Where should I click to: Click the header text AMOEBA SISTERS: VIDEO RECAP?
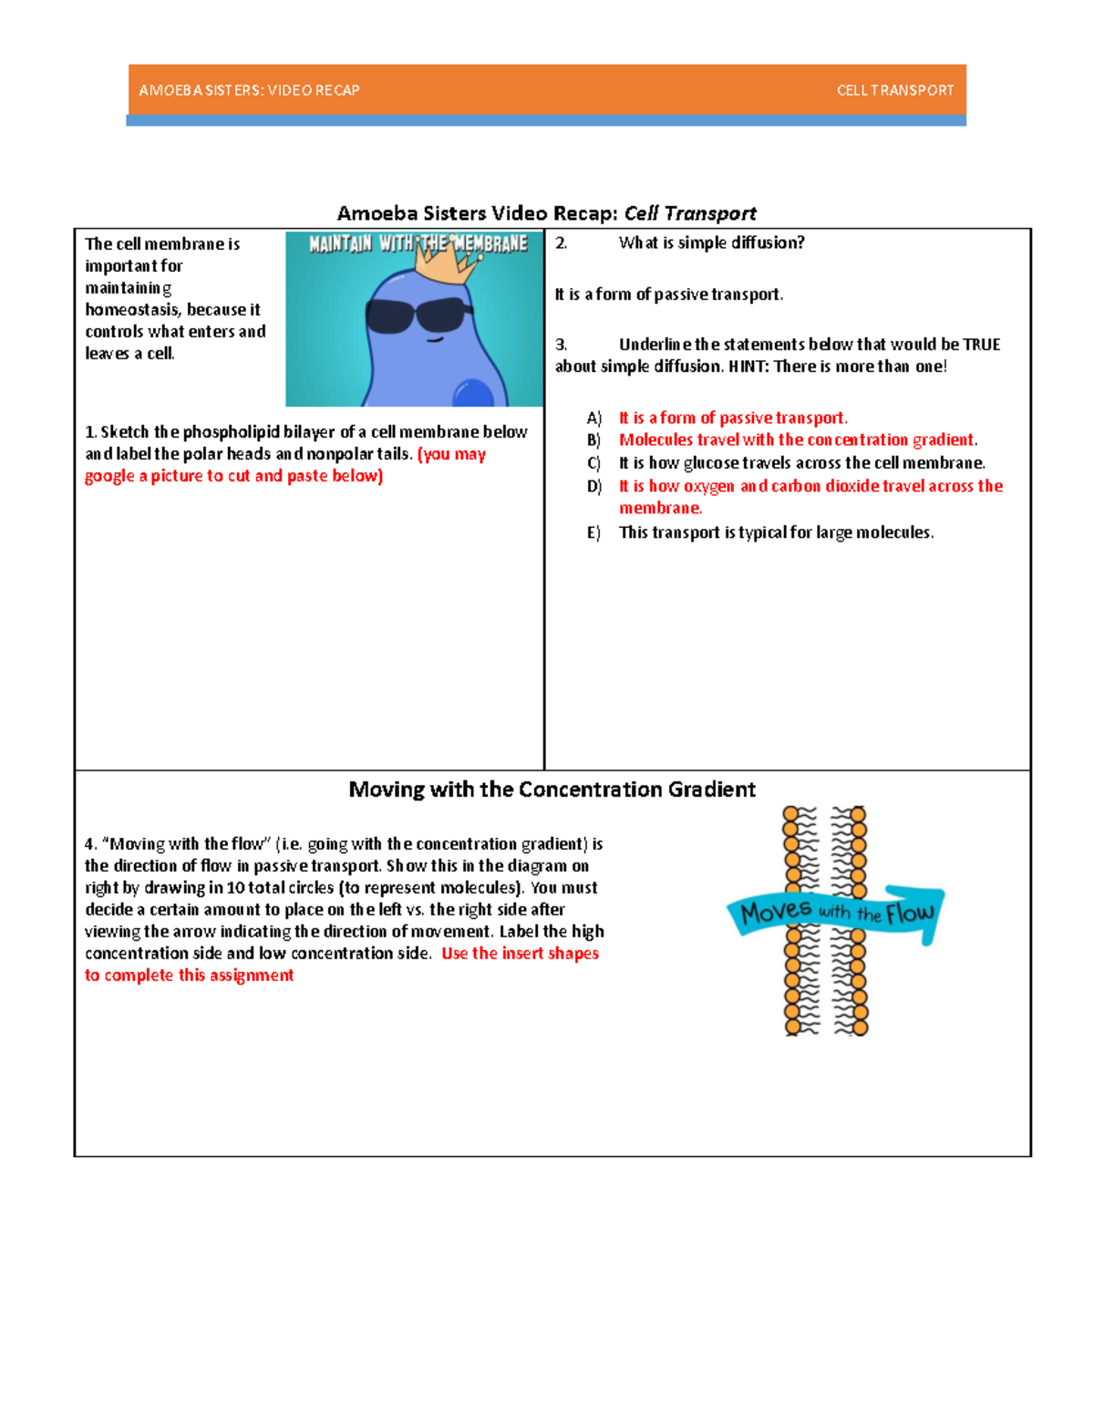click(249, 90)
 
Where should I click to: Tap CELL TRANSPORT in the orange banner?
click(894, 90)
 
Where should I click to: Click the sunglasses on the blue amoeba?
click(418, 315)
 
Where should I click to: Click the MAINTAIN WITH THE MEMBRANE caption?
click(418, 243)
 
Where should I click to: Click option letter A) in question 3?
click(594, 419)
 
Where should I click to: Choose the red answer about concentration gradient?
click(798, 440)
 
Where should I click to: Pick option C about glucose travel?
click(801, 463)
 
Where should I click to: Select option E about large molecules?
click(776, 532)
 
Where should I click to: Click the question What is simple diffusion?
click(711, 243)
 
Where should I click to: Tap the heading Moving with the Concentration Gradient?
click(552, 790)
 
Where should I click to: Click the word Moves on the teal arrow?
click(776, 911)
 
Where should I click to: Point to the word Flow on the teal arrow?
click(910, 913)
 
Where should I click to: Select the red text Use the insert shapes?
click(520, 954)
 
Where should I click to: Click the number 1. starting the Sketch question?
click(90, 432)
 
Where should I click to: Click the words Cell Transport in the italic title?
click(690, 213)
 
